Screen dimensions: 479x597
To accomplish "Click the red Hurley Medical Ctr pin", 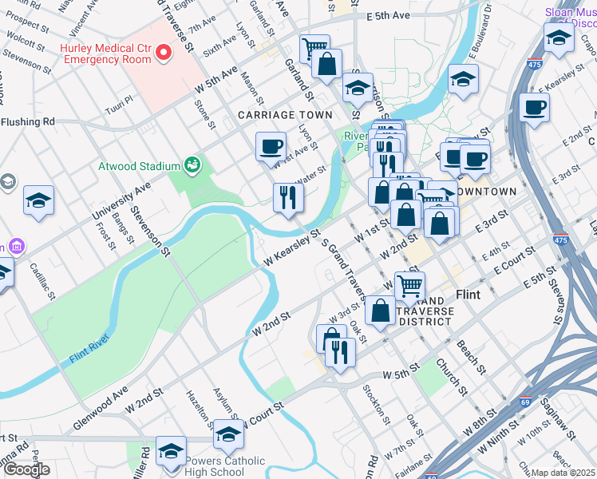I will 164,53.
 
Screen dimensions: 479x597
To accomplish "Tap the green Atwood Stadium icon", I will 192,165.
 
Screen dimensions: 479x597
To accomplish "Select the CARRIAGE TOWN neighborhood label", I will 285,116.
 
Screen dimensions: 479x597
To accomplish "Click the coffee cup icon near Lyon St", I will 271,147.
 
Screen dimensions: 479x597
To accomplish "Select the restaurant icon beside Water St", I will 288,197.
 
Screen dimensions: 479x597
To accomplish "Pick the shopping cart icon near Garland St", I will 314,48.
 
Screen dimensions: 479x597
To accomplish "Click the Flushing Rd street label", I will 27,122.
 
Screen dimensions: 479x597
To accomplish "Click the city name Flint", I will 468,295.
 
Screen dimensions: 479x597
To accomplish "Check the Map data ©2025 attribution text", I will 563,473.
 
